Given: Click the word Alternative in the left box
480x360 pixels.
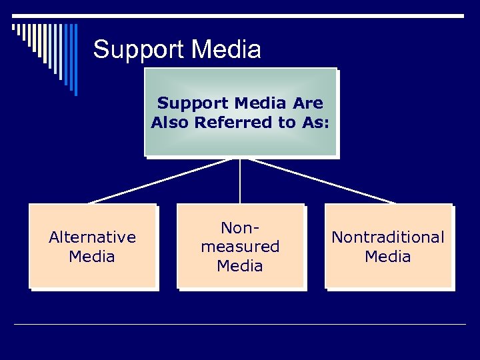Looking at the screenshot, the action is (92, 237).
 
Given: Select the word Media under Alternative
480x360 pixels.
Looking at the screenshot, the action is (92, 257).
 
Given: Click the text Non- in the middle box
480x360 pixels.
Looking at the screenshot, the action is (240, 228).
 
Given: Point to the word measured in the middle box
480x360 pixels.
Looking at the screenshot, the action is (240, 247).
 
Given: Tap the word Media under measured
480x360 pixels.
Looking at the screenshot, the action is (240, 266).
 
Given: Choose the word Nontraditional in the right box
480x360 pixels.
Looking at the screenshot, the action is (388, 237).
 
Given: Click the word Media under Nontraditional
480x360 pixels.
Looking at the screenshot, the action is (388, 257).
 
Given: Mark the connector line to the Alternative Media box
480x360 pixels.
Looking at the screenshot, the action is (160, 181).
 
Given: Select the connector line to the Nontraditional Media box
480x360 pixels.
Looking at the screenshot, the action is (320, 181).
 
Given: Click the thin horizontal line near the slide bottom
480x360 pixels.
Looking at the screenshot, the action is (240, 325).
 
